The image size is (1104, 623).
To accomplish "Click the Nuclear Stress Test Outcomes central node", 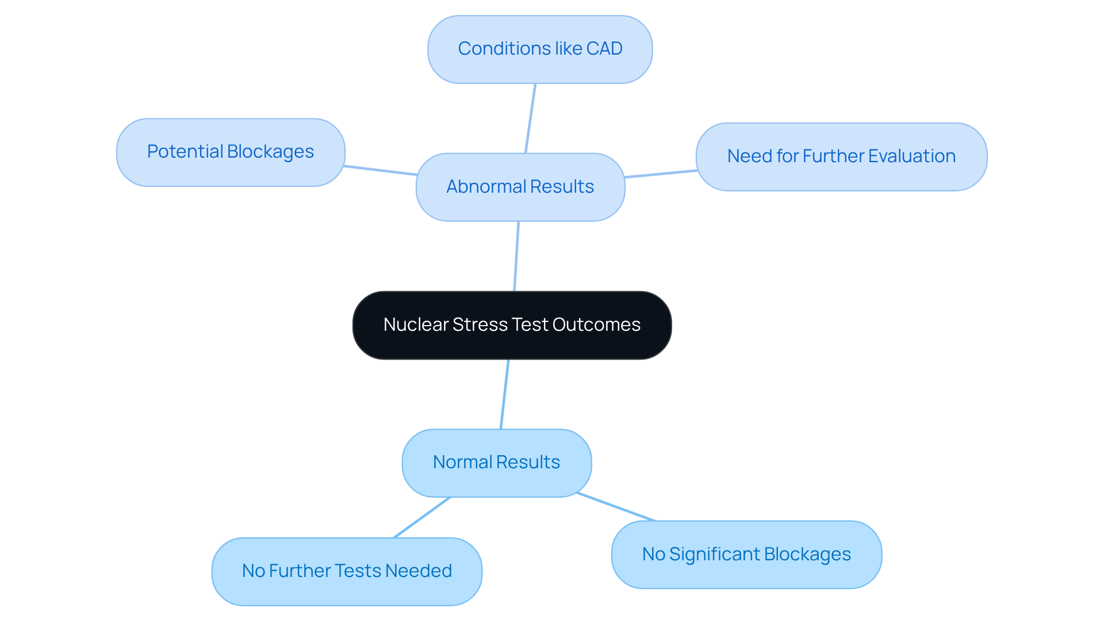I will click(x=512, y=326).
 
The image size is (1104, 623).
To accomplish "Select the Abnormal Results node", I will click(x=520, y=187).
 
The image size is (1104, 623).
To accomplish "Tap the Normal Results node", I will click(x=496, y=463).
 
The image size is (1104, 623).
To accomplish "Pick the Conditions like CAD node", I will click(x=539, y=49).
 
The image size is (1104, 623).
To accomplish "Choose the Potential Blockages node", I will click(x=230, y=152).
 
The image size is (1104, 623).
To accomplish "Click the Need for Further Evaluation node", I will click(x=841, y=156).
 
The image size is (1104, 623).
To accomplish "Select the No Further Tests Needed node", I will click(x=346, y=571).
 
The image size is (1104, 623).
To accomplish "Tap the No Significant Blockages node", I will click(x=746, y=555).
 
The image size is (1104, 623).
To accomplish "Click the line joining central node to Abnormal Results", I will click(x=516, y=257).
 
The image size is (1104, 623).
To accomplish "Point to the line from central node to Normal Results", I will click(x=504, y=395).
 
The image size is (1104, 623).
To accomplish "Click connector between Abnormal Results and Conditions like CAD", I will click(x=530, y=119).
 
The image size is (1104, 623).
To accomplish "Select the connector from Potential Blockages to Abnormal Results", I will click(x=380, y=170).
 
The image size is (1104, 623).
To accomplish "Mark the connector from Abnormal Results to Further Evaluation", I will click(x=661, y=174).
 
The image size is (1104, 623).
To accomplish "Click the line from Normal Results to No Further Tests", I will click(x=421, y=518).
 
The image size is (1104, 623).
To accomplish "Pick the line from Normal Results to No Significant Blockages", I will click(x=616, y=507).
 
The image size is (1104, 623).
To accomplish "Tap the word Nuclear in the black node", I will click(x=416, y=325).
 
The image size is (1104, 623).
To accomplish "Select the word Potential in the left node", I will click(x=185, y=152).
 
